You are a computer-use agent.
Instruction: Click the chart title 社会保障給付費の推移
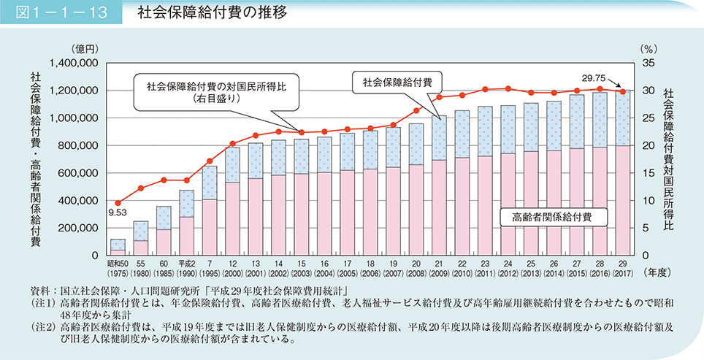click(x=191, y=14)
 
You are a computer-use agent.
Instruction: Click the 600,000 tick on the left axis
click(x=79, y=173)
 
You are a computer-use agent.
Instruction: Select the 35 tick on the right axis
click(x=647, y=64)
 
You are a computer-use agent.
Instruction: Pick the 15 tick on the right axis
click(x=647, y=173)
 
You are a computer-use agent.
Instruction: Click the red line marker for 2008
click(x=416, y=111)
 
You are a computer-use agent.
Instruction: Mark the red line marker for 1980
click(x=142, y=188)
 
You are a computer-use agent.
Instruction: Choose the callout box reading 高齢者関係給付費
click(x=552, y=217)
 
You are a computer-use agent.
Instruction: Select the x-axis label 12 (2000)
click(x=233, y=268)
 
